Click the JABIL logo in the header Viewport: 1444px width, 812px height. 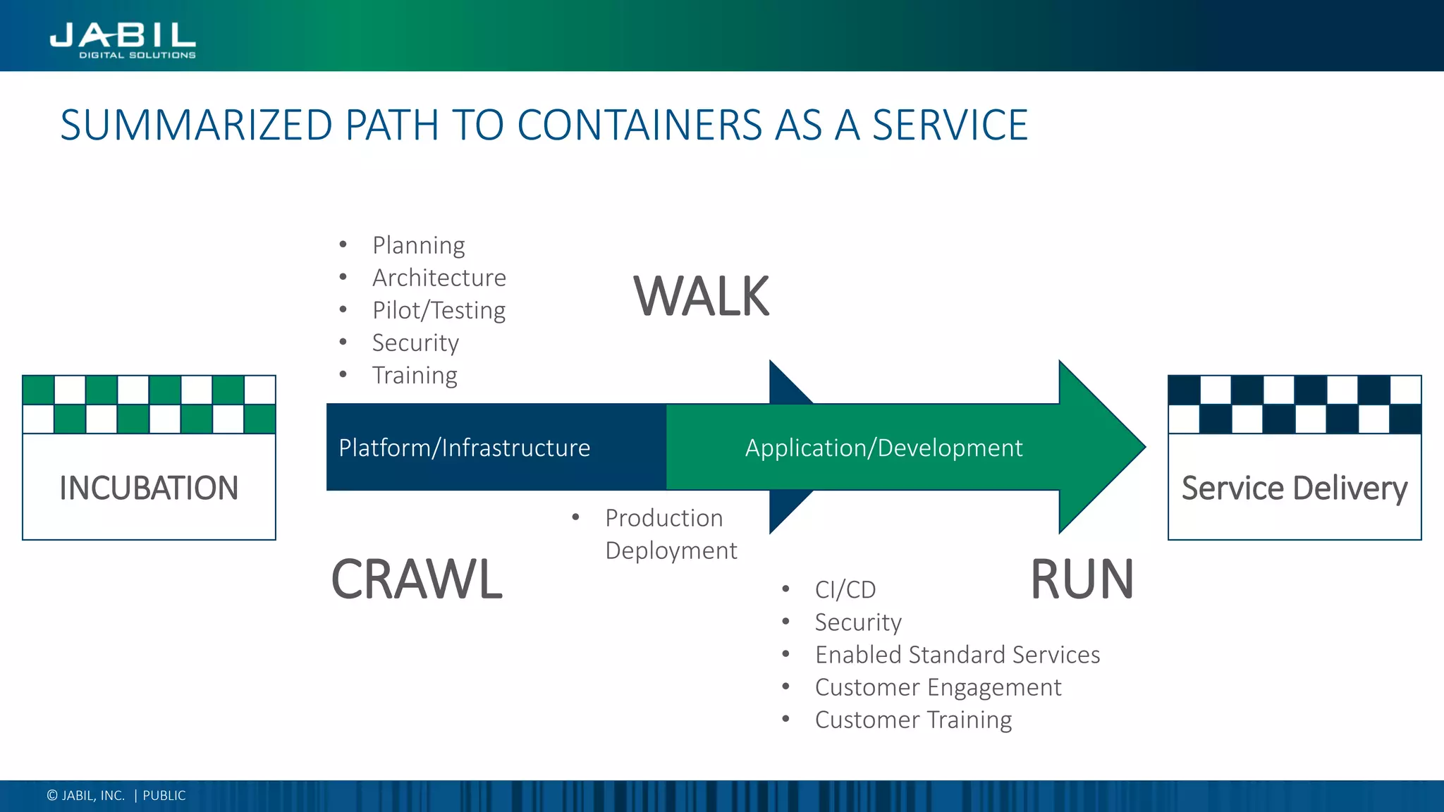point(123,39)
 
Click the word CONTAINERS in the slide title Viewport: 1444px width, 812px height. point(640,125)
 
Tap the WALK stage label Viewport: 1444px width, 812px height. point(701,297)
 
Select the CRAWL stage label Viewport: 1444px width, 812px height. point(417,579)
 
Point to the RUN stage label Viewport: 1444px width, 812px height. point(1082,579)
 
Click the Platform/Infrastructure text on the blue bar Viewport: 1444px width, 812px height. point(464,448)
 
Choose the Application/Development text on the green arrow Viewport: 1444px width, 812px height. point(883,448)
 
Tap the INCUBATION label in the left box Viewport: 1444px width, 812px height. point(149,488)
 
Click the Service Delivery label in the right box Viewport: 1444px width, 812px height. point(1294,488)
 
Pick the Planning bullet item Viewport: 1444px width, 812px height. point(418,245)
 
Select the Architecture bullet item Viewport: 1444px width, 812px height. point(439,278)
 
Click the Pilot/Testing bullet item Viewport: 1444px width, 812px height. point(439,310)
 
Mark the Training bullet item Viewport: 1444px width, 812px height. point(415,375)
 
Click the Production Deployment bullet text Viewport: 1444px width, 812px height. point(670,534)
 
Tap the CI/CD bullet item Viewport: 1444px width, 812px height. point(845,589)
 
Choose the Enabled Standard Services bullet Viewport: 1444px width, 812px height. point(957,655)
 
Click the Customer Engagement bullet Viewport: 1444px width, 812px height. point(938,687)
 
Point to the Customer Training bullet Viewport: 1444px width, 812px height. point(913,720)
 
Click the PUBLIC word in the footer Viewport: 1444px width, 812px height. point(164,796)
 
